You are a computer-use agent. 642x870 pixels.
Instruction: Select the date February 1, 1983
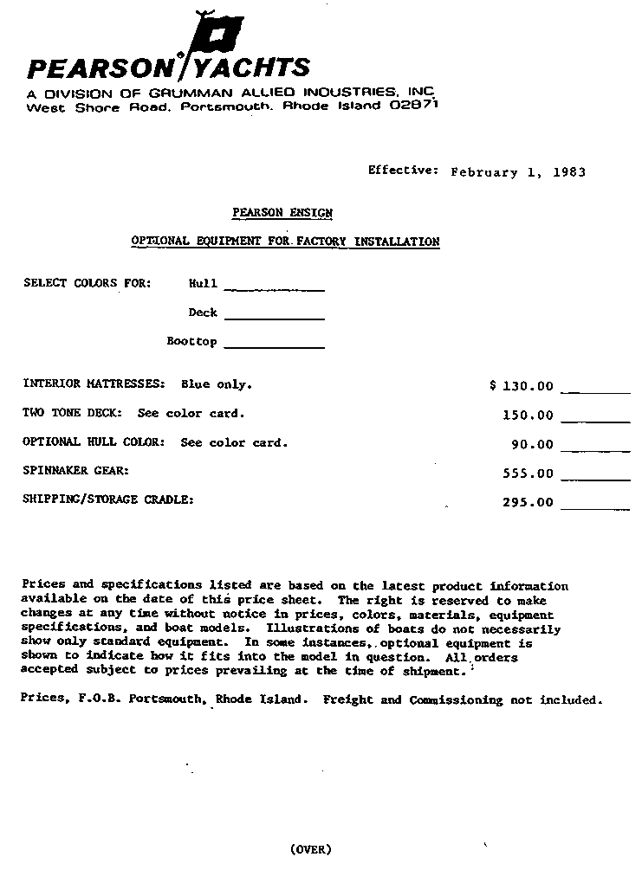(518, 172)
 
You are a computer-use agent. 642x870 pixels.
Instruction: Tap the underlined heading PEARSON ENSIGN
(282, 213)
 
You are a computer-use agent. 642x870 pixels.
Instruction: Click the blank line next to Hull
(274, 289)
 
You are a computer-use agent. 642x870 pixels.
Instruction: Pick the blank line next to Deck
(274, 319)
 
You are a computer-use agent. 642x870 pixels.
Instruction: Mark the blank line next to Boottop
(274, 347)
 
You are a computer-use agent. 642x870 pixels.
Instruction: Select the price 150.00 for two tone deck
(527, 416)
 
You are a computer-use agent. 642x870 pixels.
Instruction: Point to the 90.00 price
(532, 445)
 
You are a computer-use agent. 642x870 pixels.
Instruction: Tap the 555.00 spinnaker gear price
(527, 474)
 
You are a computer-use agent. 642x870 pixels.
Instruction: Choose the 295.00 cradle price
(527, 502)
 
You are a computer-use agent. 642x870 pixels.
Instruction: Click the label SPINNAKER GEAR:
(76, 471)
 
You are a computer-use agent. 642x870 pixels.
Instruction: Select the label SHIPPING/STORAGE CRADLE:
(108, 499)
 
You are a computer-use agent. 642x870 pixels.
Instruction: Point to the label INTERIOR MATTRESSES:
(94, 383)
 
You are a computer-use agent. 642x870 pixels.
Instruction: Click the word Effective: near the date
(403, 171)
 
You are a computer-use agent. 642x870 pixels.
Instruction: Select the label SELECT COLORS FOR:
(87, 283)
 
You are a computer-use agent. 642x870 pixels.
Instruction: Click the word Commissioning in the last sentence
(456, 699)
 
